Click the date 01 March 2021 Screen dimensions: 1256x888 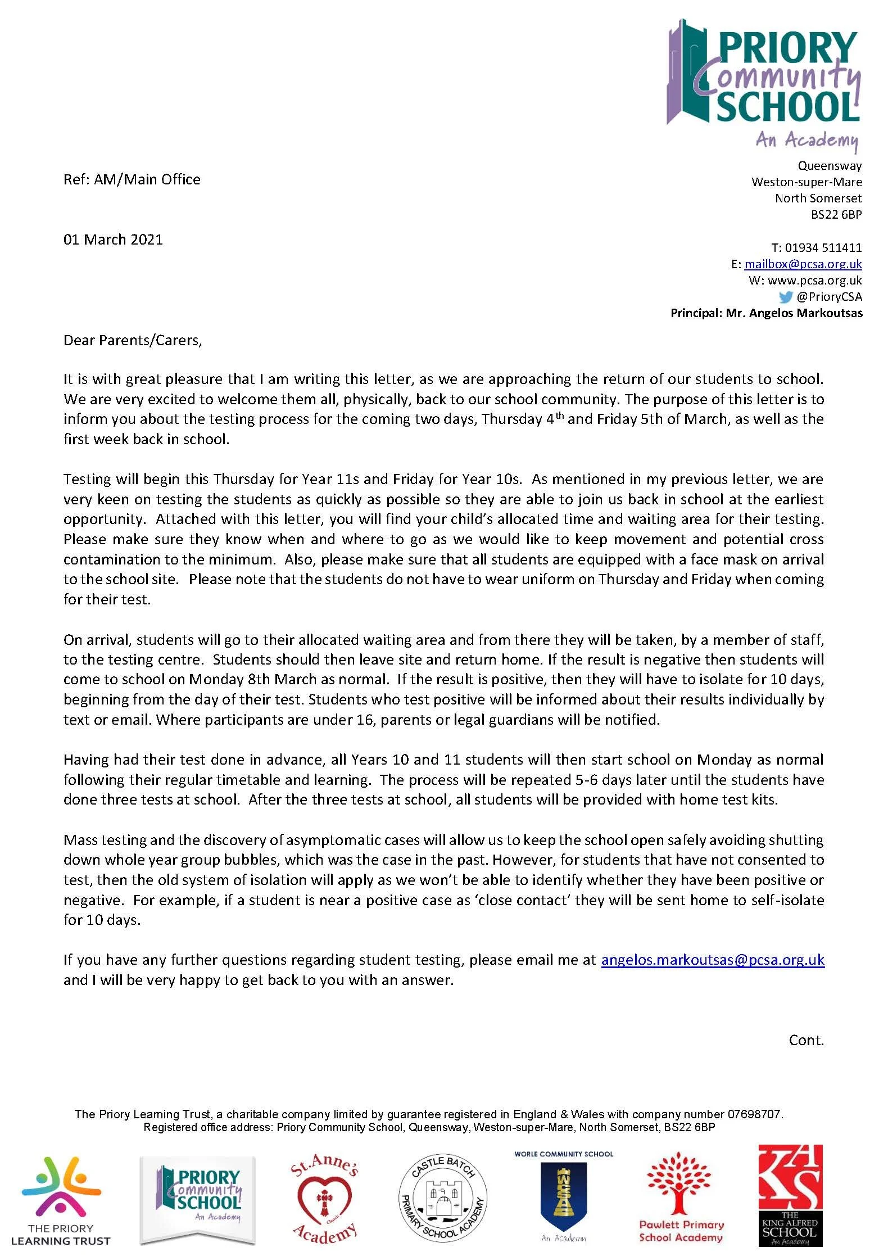113,240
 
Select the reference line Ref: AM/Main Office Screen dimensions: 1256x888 132,179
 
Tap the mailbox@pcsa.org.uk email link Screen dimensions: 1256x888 803,264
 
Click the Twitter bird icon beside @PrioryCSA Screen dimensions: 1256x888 786,297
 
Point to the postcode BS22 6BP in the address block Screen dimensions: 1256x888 836,214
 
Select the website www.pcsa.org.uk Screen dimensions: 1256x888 814,281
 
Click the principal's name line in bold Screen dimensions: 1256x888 766,313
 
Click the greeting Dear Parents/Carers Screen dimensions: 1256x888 132,340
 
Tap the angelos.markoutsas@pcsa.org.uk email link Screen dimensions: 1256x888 712,960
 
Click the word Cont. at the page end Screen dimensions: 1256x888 806,1040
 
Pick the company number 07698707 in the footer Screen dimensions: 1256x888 754,1114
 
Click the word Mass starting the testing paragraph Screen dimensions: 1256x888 80,840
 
